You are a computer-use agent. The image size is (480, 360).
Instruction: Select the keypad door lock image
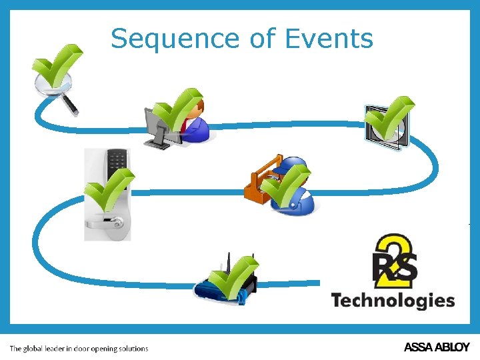coord(107,194)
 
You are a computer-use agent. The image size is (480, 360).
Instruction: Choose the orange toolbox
coord(259,180)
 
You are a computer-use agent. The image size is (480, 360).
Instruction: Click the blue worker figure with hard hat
coord(293,190)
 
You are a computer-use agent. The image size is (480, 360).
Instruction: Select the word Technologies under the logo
coord(393,301)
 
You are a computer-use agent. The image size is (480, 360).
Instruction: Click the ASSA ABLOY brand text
coord(437,347)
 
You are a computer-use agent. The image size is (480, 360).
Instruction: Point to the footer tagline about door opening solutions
coord(79,348)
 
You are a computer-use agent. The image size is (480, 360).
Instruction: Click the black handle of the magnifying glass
coord(70,105)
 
